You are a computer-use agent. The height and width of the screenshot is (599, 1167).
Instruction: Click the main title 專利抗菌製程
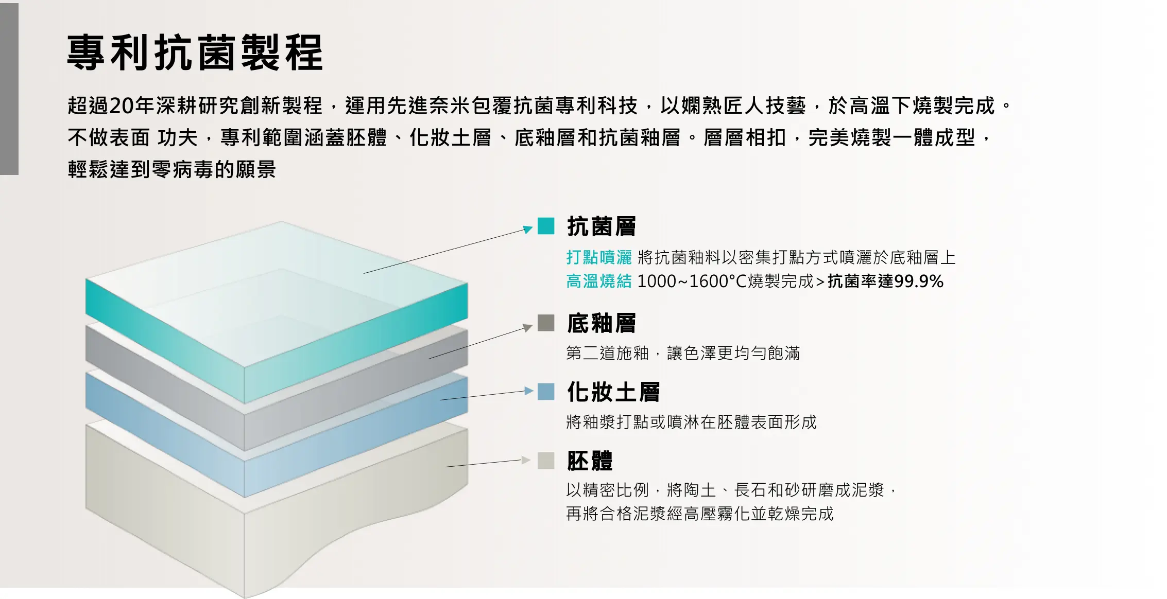tap(195, 52)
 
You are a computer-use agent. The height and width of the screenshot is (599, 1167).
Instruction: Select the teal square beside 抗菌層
tap(546, 226)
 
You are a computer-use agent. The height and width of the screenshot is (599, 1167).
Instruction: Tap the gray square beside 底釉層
tap(546, 323)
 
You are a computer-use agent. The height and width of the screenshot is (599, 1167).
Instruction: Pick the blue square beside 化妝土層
tap(546, 392)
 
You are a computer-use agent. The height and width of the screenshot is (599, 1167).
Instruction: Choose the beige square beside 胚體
tap(546, 461)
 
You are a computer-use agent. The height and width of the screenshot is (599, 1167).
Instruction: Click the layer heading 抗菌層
tap(602, 226)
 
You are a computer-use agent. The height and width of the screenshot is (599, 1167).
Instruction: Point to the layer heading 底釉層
tap(602, 323)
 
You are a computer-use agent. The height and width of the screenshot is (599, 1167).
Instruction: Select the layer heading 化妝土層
tap(613, 392)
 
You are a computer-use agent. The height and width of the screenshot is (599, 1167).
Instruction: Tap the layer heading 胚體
tap(590, 461)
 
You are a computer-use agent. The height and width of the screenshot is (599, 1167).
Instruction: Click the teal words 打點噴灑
tap(599, 257)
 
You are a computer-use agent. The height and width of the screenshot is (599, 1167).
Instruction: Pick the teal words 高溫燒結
tap(599, 281)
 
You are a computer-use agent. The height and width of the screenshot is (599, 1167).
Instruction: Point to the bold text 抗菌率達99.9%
tap(886, 281)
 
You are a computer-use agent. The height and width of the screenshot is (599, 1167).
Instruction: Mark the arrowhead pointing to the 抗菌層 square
tap(528, 229)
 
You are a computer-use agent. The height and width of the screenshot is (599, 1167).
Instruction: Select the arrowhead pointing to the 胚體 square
tap(526, 460)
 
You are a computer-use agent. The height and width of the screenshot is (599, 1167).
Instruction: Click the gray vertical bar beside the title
tap(9, 89)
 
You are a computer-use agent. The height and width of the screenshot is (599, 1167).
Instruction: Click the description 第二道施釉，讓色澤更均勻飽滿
tap(683, 354)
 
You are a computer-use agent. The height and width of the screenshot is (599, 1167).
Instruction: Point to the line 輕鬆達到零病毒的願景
tap(172, 169)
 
